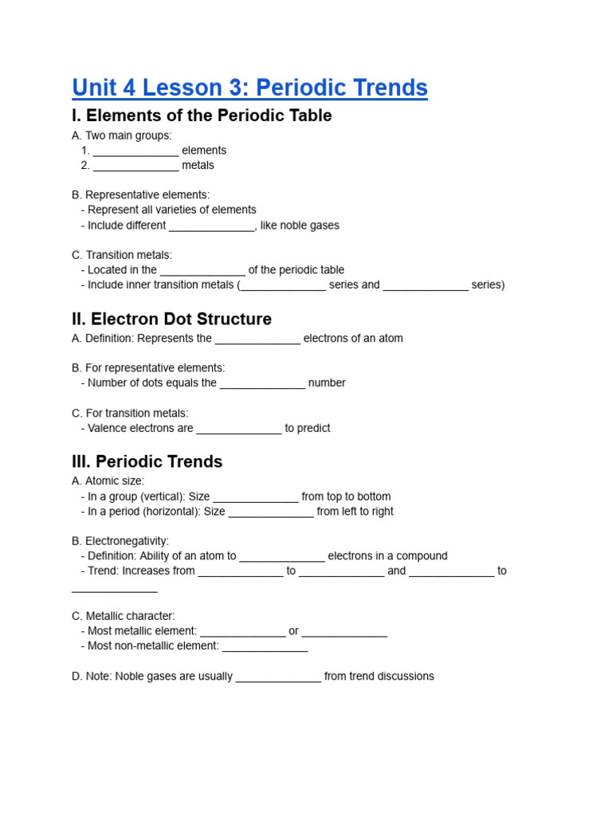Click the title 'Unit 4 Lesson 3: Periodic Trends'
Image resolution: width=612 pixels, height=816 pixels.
(x=249, y=88)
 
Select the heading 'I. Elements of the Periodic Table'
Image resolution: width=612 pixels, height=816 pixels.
(x=202, y=116)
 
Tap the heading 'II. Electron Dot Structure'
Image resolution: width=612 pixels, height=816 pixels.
(x=171, y=319)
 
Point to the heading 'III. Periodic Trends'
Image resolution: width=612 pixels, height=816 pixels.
(x=147, y=461)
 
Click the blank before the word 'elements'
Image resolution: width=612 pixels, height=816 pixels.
(x=135, y=151)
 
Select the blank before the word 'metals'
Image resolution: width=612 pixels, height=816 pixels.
(x=135, y=167)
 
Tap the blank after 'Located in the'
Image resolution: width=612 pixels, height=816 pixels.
(x=202, y=271)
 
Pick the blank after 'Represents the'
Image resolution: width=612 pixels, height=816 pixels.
(x=257, y=339)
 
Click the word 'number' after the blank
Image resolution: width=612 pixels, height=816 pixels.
(x=327, y=383)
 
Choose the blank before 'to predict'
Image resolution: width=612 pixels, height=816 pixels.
(x=239, y=430)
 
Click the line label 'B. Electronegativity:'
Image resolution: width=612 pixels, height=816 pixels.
(x=120, y=541)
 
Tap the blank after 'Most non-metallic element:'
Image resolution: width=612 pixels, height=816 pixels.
(x=265, y=647)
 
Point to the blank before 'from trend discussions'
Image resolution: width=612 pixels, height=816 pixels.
(x=279, y=677)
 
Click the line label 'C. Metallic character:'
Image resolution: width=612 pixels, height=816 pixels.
(x=124, y=616)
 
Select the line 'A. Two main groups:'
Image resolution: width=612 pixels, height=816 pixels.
(x=122, y=135)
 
